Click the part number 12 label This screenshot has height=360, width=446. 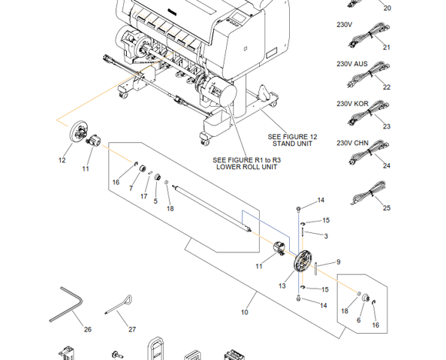[x=62, y=160]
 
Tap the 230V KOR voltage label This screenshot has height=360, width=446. [x=352, y=104]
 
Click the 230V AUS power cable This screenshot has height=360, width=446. [x=368, y=73]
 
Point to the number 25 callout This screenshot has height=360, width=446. [x=387, y=208]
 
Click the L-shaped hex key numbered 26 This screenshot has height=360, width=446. [x=66, y=304]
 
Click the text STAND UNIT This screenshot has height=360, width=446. [x=292, y=144]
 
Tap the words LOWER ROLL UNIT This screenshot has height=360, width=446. [x=247, y=167]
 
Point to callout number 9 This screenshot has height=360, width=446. [x=338, y=262]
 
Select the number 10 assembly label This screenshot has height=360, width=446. [x=245, y=312]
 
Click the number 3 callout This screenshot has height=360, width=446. [x=326, y=236]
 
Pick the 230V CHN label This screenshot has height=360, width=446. [x=352, y=143]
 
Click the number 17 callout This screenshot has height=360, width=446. [x=144, y=196]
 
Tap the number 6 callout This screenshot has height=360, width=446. [x=358, y=320]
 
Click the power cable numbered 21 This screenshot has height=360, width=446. [x=369, y=35]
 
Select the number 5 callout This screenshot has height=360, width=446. [x=155, y=201]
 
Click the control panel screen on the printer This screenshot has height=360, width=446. [x=238, y=18]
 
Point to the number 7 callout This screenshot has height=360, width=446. [x=131, y=188]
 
